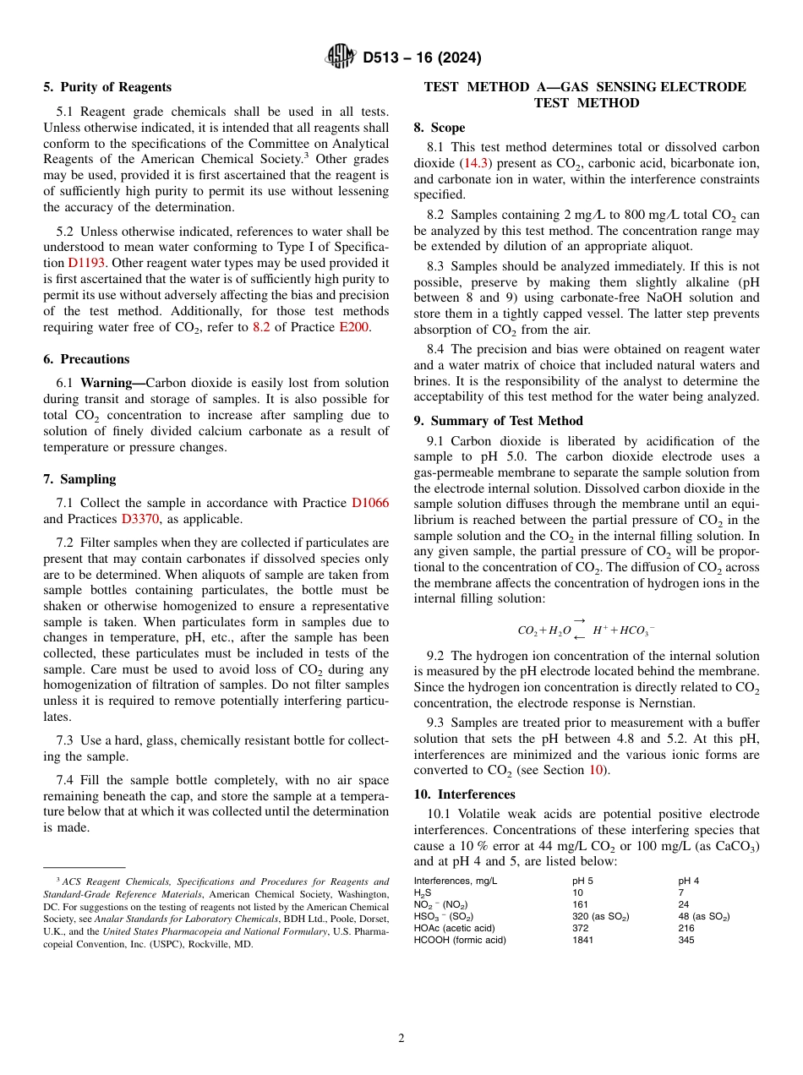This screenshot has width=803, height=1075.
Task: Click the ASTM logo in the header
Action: [x=341, y=57]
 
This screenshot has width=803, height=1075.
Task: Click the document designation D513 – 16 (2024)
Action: [x=422, y=58]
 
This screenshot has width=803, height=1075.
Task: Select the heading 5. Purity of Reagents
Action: [x=107, y=87]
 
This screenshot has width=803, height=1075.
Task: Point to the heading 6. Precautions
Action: [x=86, y=359]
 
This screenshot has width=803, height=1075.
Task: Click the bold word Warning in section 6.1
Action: [x=112, y=383]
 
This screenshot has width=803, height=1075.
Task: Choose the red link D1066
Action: [x=370, y=503]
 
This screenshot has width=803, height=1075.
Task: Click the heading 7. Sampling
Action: [x=80, y=479]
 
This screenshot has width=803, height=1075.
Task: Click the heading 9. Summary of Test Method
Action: [x=498, y=421]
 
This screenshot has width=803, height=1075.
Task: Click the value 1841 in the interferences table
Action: [x=584, y=940]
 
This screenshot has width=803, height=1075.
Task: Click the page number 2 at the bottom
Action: [x=401, y=1039]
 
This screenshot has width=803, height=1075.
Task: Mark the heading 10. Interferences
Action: [x=465, y=794]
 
